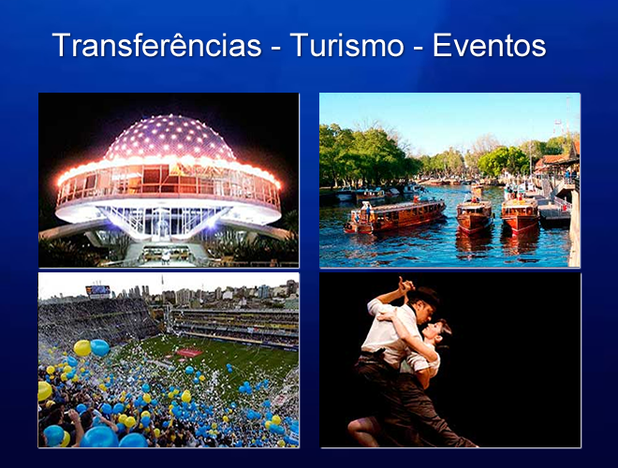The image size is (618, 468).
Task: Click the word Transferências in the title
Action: (x=156, y=45)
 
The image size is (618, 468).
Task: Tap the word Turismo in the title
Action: (x=346, y=45)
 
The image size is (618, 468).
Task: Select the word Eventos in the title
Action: (x=489, y=45)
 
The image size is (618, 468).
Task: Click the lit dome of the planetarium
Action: (x=169, y=137)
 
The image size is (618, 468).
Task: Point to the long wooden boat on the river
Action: (x=395, y=215)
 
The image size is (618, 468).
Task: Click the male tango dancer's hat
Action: (x=424, y=296)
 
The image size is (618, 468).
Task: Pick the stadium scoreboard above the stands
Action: (x=98, y=291)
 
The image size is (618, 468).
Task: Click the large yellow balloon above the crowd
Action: (x=82, y=348)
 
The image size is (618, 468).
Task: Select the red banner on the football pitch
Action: (x=189, y=352)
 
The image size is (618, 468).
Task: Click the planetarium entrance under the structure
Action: (x=166, y=252)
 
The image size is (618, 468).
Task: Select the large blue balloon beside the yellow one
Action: (x=100, y=347)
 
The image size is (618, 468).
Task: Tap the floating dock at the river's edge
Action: (x=554, y=216)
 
